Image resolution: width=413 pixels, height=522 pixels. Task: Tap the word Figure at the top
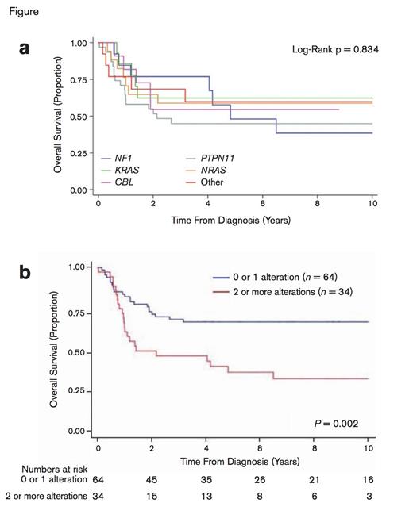21,12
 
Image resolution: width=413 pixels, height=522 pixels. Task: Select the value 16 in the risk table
369,481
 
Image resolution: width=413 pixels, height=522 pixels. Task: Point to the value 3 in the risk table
369,497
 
